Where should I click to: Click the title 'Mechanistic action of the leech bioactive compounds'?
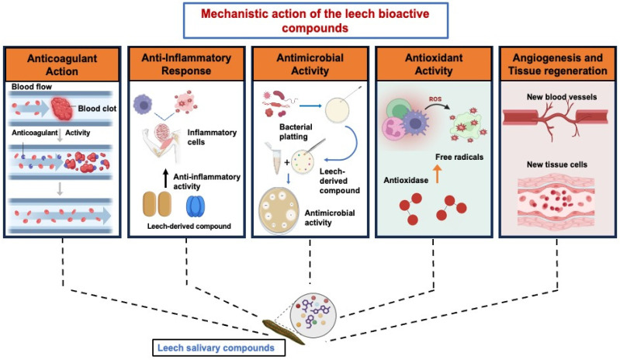315,20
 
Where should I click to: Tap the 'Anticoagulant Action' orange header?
62,64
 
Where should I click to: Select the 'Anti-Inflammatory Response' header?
186,64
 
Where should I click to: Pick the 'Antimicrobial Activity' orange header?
310,64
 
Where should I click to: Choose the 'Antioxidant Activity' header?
434,64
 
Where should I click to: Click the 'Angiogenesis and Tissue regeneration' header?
557,64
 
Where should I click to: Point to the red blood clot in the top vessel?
61,109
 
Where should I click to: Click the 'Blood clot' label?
97,109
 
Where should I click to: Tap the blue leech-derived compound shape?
196,206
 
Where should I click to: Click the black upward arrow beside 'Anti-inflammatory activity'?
166,178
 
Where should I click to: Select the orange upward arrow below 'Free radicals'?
437,174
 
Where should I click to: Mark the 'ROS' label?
435,99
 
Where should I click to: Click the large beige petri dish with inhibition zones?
279,209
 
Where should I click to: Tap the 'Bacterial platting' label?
296,132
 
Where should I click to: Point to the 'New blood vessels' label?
562,97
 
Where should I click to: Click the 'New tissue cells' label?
556,164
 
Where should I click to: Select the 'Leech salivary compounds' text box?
219,348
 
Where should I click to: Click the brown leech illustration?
283,332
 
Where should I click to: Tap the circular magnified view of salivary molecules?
313,315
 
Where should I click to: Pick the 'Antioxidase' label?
406,181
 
